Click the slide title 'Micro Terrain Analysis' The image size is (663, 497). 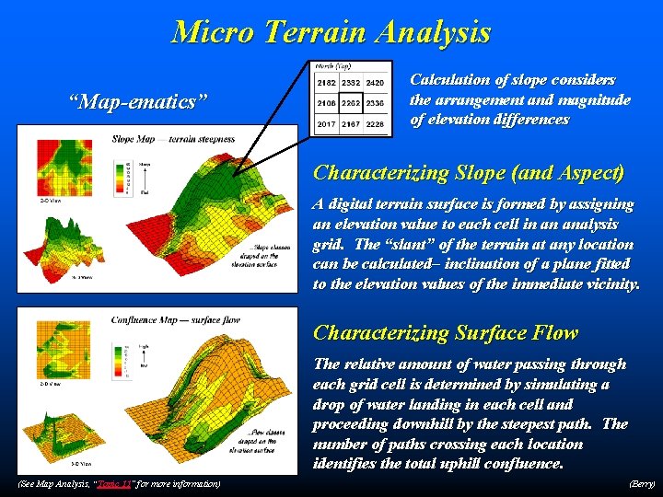point(331,33)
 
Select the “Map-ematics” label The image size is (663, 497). point(132,99)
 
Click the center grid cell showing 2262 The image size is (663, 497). point(351,102)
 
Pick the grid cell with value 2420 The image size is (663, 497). point(375,83)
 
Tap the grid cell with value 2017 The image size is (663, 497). point(326,122)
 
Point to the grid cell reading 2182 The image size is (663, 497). point(326,83)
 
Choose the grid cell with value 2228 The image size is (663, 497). point(375,122)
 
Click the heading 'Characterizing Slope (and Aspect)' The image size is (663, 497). point(469,172)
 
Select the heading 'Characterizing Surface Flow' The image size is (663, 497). point(446,332)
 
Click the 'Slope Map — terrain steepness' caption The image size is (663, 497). point(173,139)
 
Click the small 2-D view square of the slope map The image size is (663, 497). point(58,166)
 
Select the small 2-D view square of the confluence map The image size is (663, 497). point(58,347)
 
